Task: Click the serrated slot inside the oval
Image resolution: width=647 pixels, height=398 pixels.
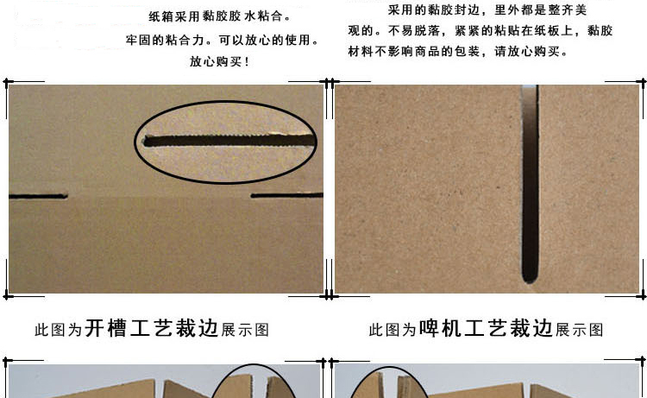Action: (x=229, y=140)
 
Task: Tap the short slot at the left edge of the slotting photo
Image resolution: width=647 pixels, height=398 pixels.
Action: (x=38, y=196)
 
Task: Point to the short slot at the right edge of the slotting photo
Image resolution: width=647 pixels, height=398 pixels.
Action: (x=286, y=195)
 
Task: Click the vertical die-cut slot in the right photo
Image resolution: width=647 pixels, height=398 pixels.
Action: (x=531, y=184)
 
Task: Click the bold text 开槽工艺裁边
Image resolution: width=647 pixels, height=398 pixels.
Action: (x=152, y=329)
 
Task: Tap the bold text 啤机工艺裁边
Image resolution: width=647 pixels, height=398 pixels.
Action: (x=486, y=329)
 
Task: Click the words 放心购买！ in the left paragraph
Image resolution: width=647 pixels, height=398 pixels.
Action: (x=219, y=61)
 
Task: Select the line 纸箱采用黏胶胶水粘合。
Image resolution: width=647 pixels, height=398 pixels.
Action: (x=220, y=16)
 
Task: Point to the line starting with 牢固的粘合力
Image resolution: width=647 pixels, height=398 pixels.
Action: (x=223, y=40)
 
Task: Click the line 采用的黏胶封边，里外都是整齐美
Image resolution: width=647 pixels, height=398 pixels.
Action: (x=487, y=9)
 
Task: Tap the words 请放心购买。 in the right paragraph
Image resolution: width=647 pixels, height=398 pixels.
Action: (x=531, y=51)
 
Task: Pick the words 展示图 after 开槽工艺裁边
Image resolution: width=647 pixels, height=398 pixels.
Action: (x=245, y=330)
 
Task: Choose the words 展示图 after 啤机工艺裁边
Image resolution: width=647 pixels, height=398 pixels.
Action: (x=580, y=330)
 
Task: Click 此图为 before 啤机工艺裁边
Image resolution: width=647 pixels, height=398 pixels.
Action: (x=393, y=330)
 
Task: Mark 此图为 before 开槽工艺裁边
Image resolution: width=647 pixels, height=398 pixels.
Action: (x=58, y=330)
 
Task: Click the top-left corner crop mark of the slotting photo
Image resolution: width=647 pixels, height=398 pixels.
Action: (x=6, y=82)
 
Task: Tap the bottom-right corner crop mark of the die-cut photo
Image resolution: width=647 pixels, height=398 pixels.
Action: (x=643, y=295)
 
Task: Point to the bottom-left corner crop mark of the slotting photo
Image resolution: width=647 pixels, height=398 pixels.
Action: (x=6, y=295)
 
